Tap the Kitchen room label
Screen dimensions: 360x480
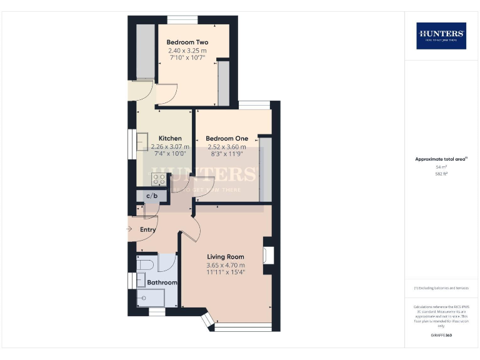(170, 138)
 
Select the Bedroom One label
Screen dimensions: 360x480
(227, 138)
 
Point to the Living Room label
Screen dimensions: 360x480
(226, 256)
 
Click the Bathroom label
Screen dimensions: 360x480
(162, 282)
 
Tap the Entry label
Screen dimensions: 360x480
(147, 229)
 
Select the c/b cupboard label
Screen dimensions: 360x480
(151, 196)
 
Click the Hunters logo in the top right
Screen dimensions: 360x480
(441, 36)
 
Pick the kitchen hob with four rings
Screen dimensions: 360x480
(159, 179)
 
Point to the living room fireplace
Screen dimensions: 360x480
(268, 255)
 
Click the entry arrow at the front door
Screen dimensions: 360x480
(129, 229)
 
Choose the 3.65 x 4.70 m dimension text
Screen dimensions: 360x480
(226, 265)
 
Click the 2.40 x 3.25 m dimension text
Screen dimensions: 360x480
(187, 50)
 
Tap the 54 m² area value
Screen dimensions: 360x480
(441, 167)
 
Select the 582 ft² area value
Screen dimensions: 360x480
(441, 174)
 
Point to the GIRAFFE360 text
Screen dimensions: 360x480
(441, 336)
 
